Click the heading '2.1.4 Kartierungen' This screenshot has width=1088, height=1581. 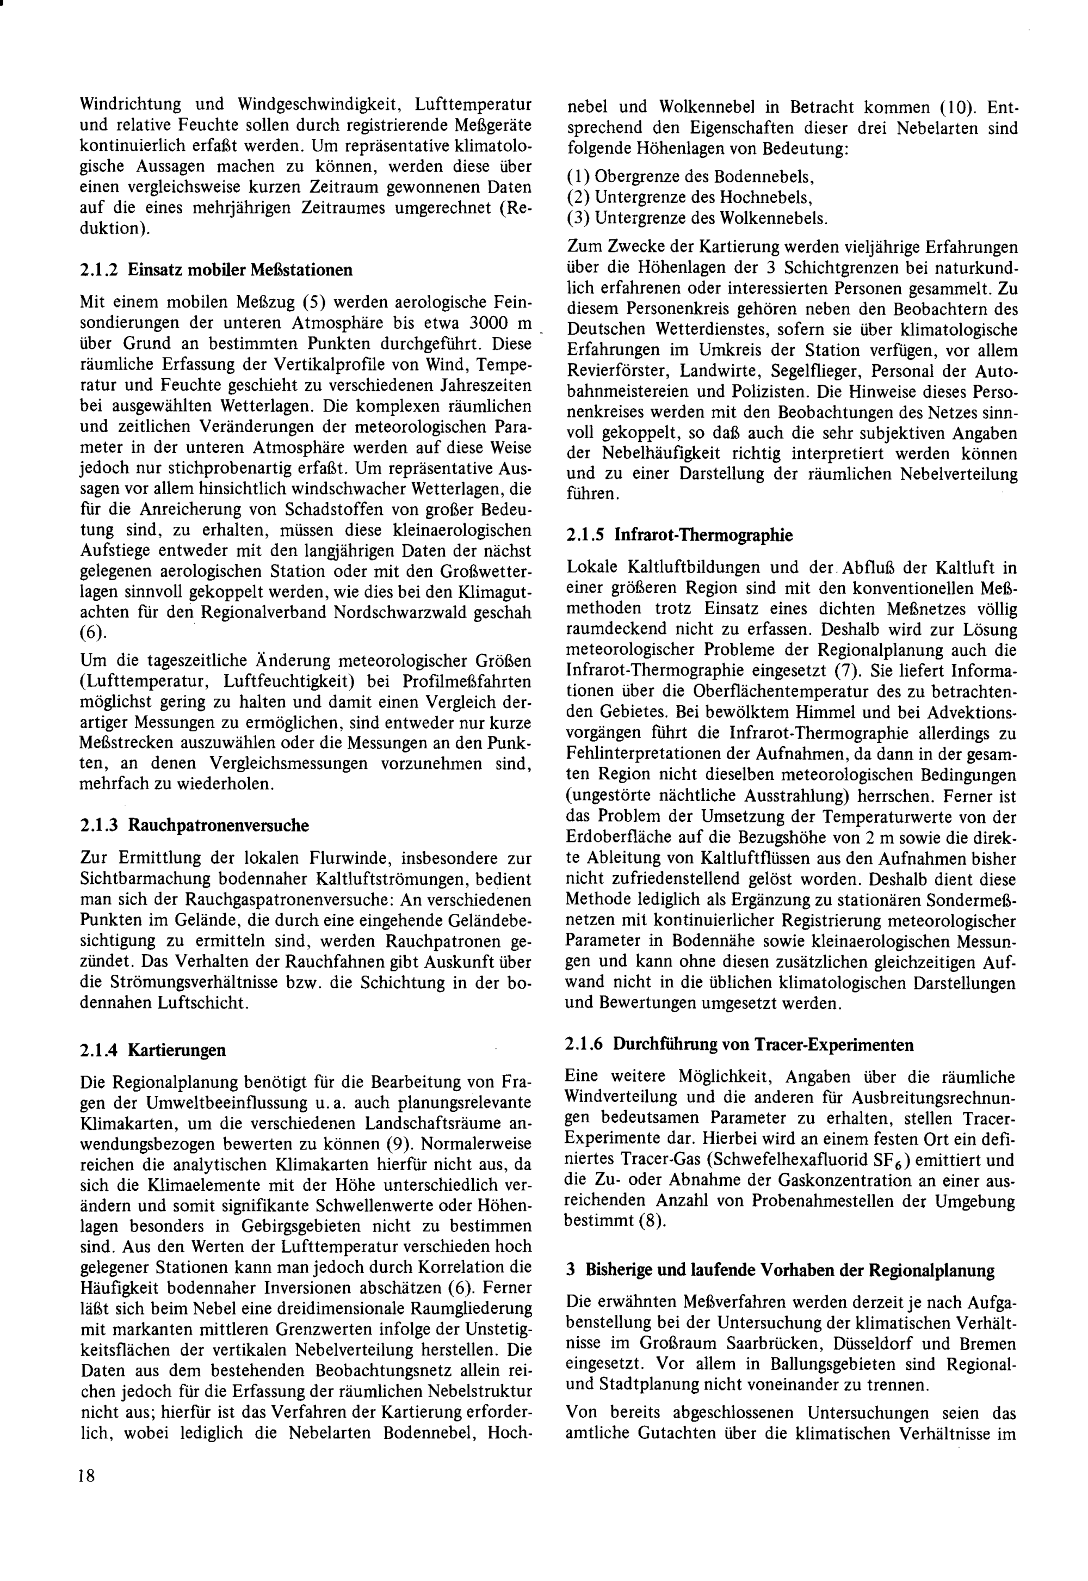pos(153,1050)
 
